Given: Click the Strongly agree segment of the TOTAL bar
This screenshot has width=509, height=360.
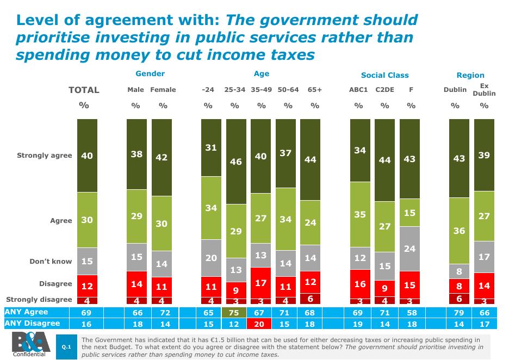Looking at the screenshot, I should pos(87,156).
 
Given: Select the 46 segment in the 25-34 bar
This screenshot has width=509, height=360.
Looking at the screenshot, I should pos(236,162).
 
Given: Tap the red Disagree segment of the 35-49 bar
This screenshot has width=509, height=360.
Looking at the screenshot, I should pos(261,283).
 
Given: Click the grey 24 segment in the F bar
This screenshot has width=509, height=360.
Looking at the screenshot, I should pos(410,249).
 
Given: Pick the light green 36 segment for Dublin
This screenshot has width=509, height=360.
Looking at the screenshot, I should pos(460,231).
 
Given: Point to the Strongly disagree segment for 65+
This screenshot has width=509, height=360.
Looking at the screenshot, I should pos(311,299).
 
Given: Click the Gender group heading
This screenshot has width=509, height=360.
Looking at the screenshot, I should pos(150,73).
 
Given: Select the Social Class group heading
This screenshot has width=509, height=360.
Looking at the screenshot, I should pos(384,75).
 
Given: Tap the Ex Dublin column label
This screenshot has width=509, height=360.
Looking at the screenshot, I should pos(484,90).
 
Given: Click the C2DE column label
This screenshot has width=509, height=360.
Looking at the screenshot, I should pos(384,90).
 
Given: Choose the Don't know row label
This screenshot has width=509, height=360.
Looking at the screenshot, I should pos(51,262).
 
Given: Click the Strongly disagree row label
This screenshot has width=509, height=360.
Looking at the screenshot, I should pos(39,299).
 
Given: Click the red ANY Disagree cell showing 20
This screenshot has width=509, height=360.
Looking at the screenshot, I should pos(261,324).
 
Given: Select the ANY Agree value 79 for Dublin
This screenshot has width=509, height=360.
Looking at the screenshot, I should pos(460,312).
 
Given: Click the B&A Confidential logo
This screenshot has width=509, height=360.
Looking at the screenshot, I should pos(30,344).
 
